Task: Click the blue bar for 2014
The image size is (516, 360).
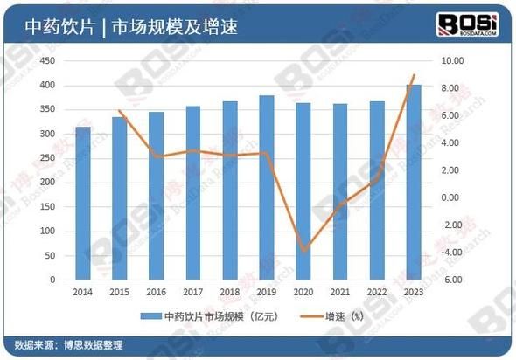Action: (83, 204)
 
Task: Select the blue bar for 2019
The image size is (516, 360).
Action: (267, 187)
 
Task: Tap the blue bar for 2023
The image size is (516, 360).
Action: (415, 183)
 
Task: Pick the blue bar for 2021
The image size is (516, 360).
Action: (341, 191)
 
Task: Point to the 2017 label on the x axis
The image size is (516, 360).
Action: (193, 292)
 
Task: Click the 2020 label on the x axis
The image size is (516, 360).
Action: (303, 292)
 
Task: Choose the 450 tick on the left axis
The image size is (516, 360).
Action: (49, 60)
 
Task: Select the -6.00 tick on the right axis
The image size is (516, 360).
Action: (454, 280)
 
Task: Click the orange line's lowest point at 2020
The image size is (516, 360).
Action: (303, 251)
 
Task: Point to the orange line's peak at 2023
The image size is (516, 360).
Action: (415, 75)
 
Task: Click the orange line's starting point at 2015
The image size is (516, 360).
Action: (120, 111)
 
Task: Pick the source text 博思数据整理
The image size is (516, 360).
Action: (96, 343)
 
